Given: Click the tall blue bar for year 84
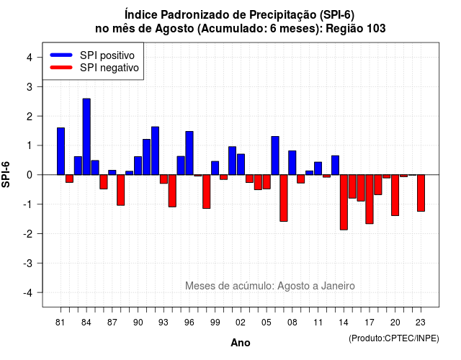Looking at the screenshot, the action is [86, 137].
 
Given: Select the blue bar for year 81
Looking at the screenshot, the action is [61, 151].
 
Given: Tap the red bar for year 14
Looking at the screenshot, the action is [344, 202].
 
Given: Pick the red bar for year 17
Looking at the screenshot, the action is [370, 199].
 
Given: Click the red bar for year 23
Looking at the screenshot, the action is [421, 193].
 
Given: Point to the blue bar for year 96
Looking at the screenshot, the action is [189, 153].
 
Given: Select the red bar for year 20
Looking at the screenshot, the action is [395, 195].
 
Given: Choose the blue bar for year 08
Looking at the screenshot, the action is [292, 163].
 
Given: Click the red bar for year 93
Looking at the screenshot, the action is [164, 179].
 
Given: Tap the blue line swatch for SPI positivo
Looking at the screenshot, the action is [61, 55].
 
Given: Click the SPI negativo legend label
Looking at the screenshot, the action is [109, 68].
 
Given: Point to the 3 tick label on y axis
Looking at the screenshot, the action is [30, 87].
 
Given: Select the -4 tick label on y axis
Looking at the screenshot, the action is [28, 293].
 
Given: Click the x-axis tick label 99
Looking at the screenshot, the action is [215, 323].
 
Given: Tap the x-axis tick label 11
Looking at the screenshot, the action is [318, 323].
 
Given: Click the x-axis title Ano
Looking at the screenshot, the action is [241, 343].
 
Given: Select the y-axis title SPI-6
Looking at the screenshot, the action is [6, 174].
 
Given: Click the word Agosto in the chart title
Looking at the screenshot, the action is [174, 29].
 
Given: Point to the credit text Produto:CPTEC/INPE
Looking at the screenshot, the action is [394, 338].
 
